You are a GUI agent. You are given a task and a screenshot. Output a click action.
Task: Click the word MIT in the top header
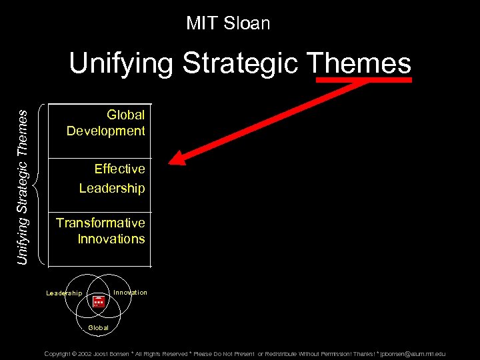(x=200, y=23)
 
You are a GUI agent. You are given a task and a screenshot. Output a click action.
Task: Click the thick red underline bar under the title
(x=364, y=79)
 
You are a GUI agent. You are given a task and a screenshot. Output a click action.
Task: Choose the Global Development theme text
(x=106, y=123)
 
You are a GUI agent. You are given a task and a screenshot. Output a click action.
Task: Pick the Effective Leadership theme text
(x=112, y=179)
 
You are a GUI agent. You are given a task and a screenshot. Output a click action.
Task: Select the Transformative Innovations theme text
(x=101, y=231)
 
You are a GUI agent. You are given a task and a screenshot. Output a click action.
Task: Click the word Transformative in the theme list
(x=101, y=223)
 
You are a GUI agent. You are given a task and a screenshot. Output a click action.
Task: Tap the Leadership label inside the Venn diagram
(x=64, y=293)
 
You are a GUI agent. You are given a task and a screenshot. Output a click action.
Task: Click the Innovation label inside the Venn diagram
(x=130, y=293)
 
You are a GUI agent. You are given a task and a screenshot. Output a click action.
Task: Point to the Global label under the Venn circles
(x=99, y=328)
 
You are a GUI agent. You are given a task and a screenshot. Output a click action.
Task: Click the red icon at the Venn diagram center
(x=99, y=301)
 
